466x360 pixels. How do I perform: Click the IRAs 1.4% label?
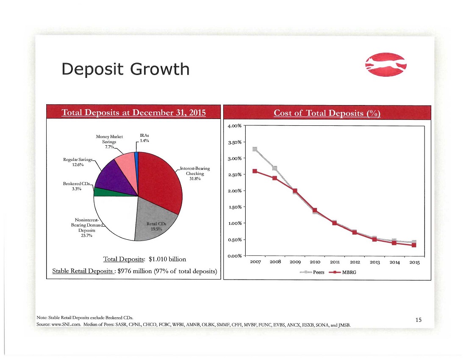pyautogui.click(x=144, y=138)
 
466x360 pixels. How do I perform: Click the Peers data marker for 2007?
pyautogui.click(x=255, y=149)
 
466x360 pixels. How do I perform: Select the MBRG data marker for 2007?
pyautogui.click(x=255, y=171)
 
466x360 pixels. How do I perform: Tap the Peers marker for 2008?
pyautogui.click(x=275, y=169)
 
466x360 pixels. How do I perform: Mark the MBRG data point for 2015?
pyautogui.click(x=414, y=245)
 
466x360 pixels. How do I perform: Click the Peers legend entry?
pyautogui.click(x=312, y=272)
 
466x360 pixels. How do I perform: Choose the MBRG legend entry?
pyautogui.click(x=343, y=272)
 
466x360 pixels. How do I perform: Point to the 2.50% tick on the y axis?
pyautogui.click(x=235, y=174)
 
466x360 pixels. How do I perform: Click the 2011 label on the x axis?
pyautogui.click(x=335, y=262)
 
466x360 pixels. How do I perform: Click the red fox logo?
pyautogui.click(x=386, y=65)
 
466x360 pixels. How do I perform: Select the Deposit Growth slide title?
pyautogui.click(x=125, y=69)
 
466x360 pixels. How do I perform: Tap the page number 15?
pyautogui.click(x=419, y=320)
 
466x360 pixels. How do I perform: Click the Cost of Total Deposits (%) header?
pyautogui.click(x=327, y=113)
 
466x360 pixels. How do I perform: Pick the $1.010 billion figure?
pyautogui.click(x=167, y=259)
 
